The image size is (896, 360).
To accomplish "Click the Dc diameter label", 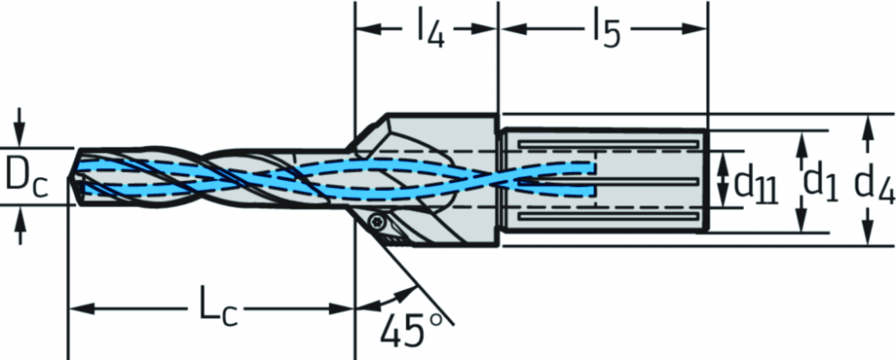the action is [x=27, y=176].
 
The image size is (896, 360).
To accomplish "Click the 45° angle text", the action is [x=410, y=331].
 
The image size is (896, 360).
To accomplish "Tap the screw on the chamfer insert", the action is [x=377, y=220].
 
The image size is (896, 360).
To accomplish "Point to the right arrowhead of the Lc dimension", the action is [x=342, y=310].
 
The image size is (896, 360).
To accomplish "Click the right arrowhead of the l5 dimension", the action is [x=695, y=30].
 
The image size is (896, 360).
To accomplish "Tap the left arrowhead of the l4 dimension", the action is [x=368, y=30].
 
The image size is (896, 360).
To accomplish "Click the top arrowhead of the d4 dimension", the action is [x=868, y=127].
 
